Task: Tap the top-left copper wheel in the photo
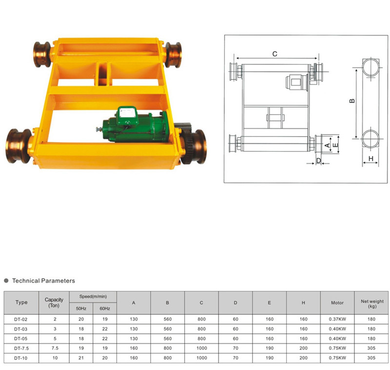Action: coord(42,55)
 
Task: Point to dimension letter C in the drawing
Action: coord(274,54)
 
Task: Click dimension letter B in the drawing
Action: coord(352,101)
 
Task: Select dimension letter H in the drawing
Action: coord(370,158)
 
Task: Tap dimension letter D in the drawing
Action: coord(319,161)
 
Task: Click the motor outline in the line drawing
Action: coord(297,82)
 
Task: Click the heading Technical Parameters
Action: coord(43,281)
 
